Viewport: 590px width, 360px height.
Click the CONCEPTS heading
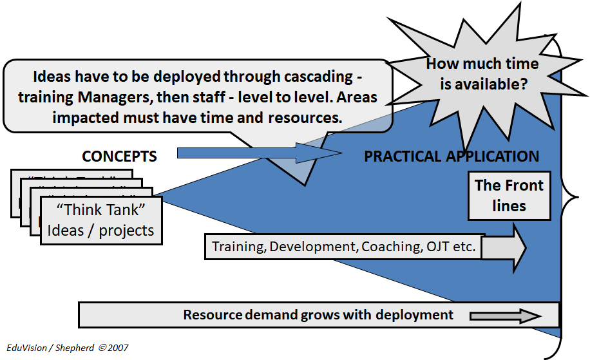(119, 156)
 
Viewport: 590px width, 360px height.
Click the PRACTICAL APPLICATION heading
(452, 156)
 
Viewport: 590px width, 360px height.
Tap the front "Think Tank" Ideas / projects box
(101, 220)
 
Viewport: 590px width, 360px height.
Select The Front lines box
(509, 196)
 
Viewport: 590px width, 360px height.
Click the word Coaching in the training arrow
(392, 247)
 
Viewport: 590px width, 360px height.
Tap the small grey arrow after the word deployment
(506, 316)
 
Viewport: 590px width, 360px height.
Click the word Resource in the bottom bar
(213, 315)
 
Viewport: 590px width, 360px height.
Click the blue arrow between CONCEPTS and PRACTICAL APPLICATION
(260, 153)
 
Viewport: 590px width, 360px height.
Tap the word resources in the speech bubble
(305, 118)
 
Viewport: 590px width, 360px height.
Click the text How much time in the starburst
(482, 64)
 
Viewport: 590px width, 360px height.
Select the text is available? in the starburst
(484, 84)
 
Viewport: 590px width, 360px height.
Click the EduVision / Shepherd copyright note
(68, 348)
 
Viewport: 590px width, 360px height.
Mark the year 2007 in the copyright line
(118, 348)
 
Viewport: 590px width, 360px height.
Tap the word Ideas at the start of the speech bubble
(52, 77)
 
